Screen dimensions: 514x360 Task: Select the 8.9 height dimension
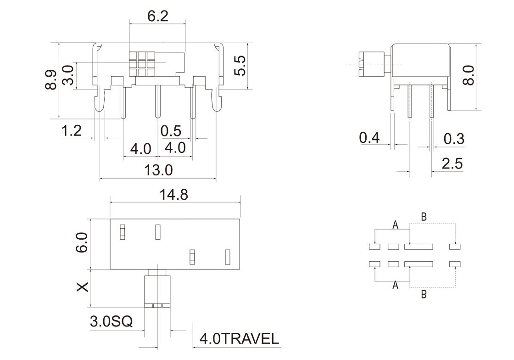click(x=51, y=80)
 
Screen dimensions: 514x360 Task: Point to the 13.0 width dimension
click(x=158, y=170)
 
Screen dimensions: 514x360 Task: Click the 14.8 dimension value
click(x=174, y=195)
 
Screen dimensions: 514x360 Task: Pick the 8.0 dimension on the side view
click(x=468, y=75)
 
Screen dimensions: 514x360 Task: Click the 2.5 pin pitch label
click(x=452, y=163)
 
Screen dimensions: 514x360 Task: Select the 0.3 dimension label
click(x=454, y=139)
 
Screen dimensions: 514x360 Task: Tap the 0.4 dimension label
click(x=369, y=138)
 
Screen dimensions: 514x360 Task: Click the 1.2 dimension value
click(x=72, y=131)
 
